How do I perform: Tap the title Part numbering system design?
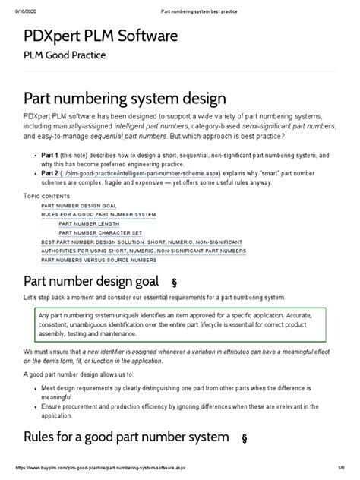pos(125,99)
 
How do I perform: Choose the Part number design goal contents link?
pos(78,206)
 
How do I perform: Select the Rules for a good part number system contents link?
pos(99,215)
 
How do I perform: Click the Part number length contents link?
pos(90,224)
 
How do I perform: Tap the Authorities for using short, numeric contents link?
pos(143,251)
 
